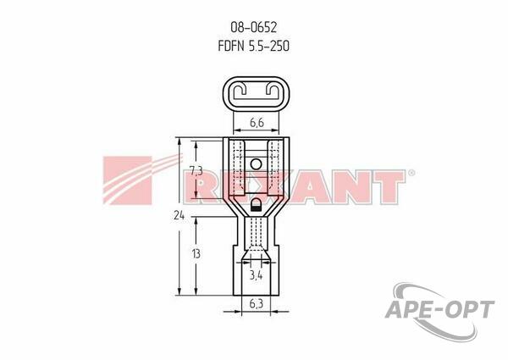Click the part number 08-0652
(254, 28)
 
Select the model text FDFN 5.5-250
(254, 46)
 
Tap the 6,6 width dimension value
(257, 123)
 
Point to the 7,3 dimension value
(196, 170)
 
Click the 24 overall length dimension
(179, 215)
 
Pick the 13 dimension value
(196, 254)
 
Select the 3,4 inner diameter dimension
(256, 276)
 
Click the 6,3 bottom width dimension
(256, 303)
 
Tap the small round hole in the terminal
(256, 164)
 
